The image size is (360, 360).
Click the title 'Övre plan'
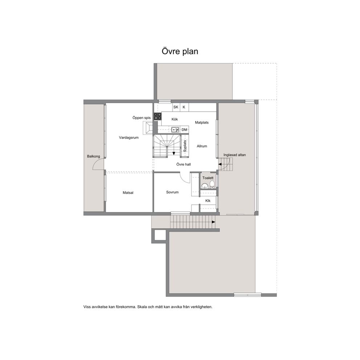pos(180,51)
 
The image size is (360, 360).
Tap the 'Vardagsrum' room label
pos(128,138)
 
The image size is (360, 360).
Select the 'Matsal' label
pos(128,193)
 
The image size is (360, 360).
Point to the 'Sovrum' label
pos(172,192)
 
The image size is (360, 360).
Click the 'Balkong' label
pos(93,156)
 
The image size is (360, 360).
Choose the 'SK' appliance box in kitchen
pos(176,107)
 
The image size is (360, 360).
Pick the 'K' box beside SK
pos(184,107)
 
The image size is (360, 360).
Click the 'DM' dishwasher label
pos(184,130)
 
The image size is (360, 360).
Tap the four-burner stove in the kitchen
pos(157,116)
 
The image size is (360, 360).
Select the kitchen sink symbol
pos(175,130)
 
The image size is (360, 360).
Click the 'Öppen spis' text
pos(142,118)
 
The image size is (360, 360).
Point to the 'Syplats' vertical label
pos(185,146)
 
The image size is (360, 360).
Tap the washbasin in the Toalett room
pos(204,186)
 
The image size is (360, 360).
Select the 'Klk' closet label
pos(208,201)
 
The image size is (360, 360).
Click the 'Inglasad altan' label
pos(234,155)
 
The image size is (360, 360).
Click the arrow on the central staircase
pos(173,153)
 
